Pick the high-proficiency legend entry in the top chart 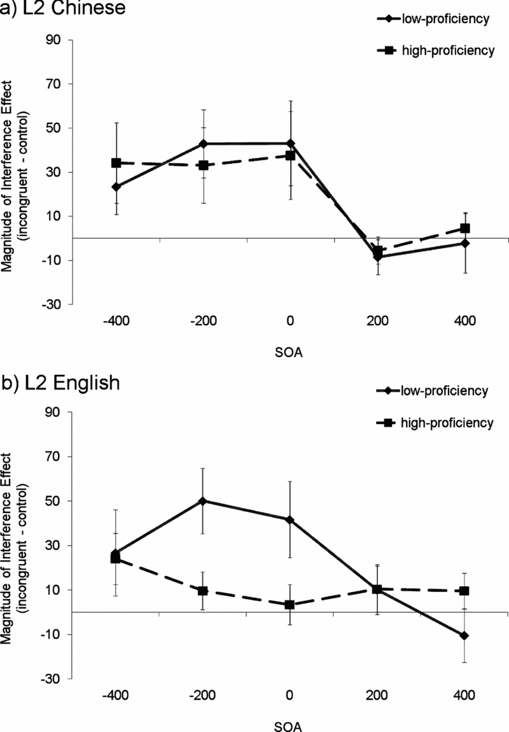(x=440, y=51)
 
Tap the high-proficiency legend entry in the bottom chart (x=440, y=422)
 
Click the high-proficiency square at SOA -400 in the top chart (x=116, y=163)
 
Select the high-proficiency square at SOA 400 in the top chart (x=465, y=228)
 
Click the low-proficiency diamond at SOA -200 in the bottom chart (x=203, y=501)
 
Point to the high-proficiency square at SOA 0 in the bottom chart (x=290, y=605)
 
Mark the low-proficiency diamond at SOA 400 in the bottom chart (x=465, y=636)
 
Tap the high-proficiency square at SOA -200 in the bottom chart (x=203, y=591)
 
